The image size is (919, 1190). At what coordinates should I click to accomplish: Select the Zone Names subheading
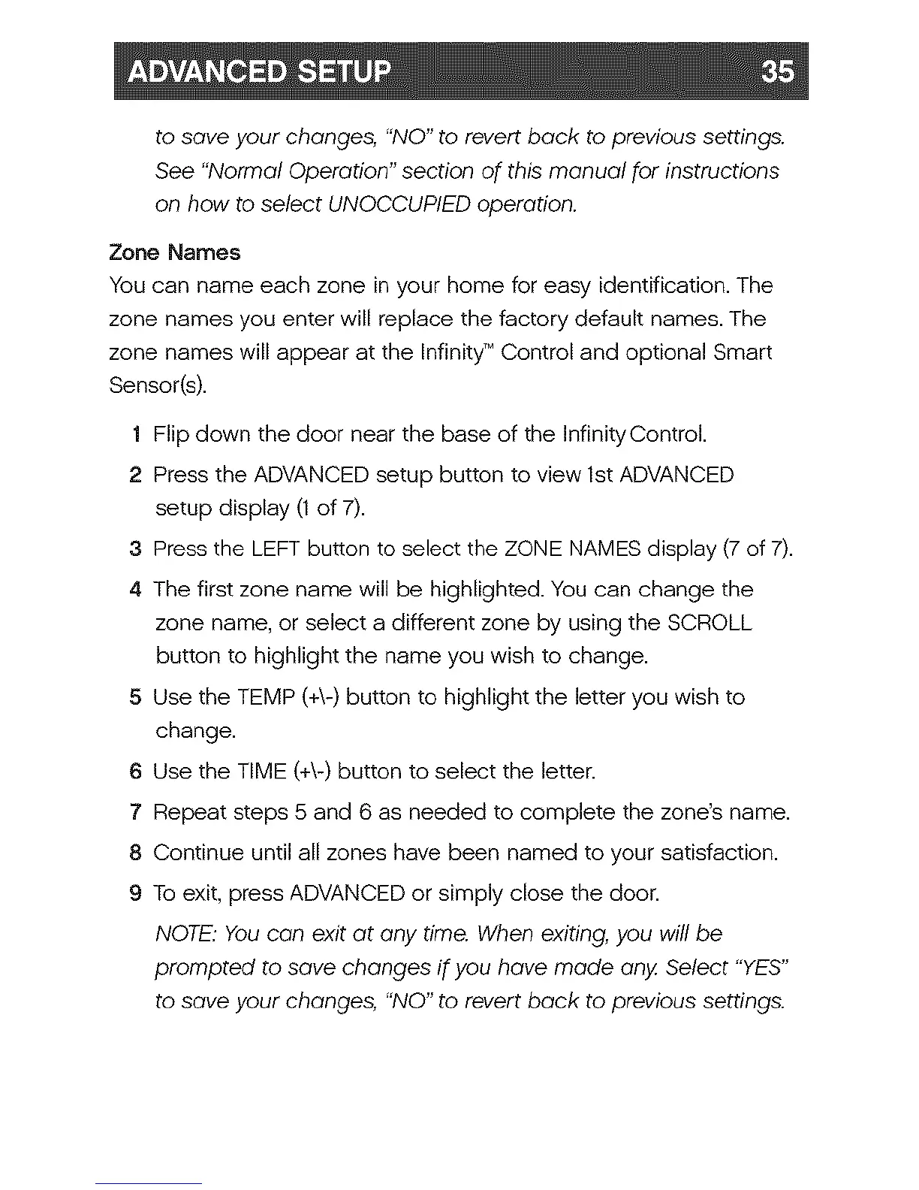click(x=175, y=252)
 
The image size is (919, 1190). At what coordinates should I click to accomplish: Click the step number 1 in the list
click(x=135, y=435)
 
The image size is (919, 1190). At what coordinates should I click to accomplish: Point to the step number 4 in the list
click(x=135, y=590)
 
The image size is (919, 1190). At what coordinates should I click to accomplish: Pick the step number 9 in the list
click(x=135, y=894)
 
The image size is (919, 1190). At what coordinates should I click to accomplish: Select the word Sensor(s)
click(x=157, y=386)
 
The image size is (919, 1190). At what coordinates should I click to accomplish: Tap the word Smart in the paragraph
click(x=743, y=352)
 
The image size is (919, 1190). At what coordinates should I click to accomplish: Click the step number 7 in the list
click(x=135, y=813)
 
